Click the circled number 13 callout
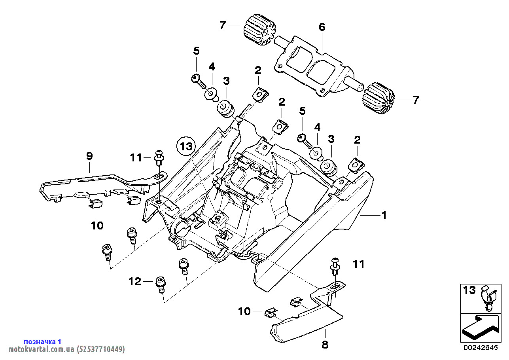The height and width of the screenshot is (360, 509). [186, 146]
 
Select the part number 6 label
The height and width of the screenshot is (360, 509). [322, 27]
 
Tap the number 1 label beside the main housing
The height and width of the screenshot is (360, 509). [384, 215]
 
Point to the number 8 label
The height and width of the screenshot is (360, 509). [325, 345]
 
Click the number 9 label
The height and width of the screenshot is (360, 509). [89, 156]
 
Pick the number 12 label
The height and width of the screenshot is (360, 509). [135, 282]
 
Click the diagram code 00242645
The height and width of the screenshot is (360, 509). [481, 348]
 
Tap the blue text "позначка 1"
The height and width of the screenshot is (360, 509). [42, 341]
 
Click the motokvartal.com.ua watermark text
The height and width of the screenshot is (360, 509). [66, 349]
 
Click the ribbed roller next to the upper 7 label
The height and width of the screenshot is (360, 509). [259, 30]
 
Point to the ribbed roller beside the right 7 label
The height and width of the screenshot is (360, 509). [378, 98]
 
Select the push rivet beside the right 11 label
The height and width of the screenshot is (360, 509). [335, 266]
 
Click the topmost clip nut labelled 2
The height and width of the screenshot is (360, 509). [261, 93]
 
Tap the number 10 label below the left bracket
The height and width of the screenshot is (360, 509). [97, 225]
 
